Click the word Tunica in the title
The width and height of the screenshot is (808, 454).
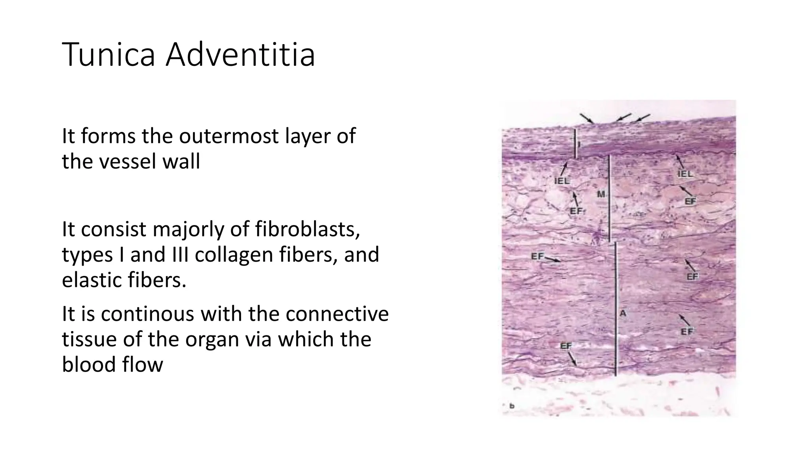tap(108, 55)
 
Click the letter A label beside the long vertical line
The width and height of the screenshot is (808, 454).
tap(623, 314)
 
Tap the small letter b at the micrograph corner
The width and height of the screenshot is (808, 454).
tap(512, 406)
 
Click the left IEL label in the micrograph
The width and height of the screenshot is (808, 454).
tap(561, 181)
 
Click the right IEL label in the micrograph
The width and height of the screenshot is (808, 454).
tap(685, 174)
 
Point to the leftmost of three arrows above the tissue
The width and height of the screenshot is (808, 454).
tap(587, 118)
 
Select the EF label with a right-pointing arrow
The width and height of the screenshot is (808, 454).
tap(537, 257)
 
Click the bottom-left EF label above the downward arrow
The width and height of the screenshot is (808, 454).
tap(566, 346)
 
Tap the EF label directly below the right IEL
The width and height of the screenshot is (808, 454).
tap(690, 201)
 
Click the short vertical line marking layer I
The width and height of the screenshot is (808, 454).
tap(574, 144)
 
